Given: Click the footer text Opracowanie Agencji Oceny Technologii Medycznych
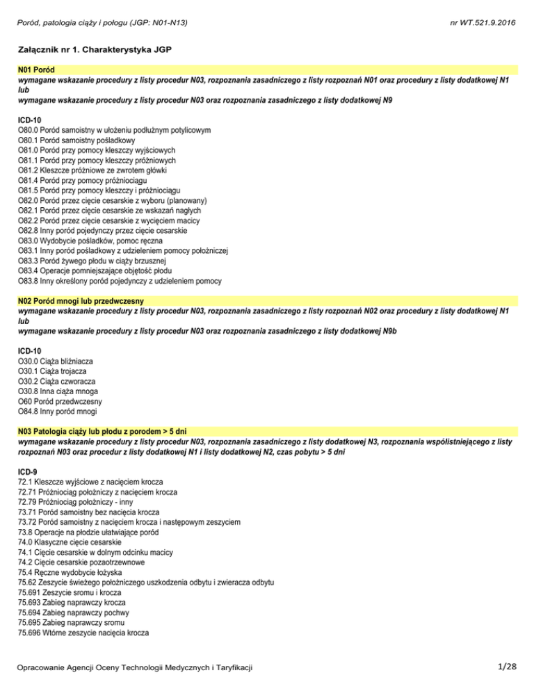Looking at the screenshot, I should coord(135,668).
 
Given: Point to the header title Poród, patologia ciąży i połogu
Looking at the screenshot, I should coord(104,23).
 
